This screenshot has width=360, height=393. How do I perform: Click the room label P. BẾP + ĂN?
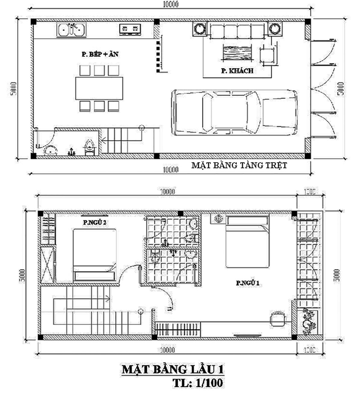pos(100,54)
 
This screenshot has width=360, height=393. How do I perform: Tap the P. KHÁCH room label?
pos(237,71)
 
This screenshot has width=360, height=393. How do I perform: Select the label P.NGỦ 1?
pos(247,283)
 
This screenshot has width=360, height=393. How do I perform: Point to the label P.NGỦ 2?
pos(95,222)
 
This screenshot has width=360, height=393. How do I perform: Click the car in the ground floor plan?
pos(234,112)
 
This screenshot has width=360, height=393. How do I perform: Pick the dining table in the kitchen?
pos(99,88)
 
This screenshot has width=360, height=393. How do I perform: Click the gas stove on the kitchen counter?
pos(130,29)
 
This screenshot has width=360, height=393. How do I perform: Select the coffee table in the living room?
pos(237,53)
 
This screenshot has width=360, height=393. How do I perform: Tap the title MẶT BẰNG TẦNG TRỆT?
pos(239,165)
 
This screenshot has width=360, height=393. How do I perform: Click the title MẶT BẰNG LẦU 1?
pos(173,369)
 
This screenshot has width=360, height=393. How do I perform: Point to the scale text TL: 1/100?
pos(198,383)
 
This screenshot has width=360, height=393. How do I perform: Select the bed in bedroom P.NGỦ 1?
pos(247,241)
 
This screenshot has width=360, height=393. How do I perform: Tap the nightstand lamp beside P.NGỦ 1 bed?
pos(218,219)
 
